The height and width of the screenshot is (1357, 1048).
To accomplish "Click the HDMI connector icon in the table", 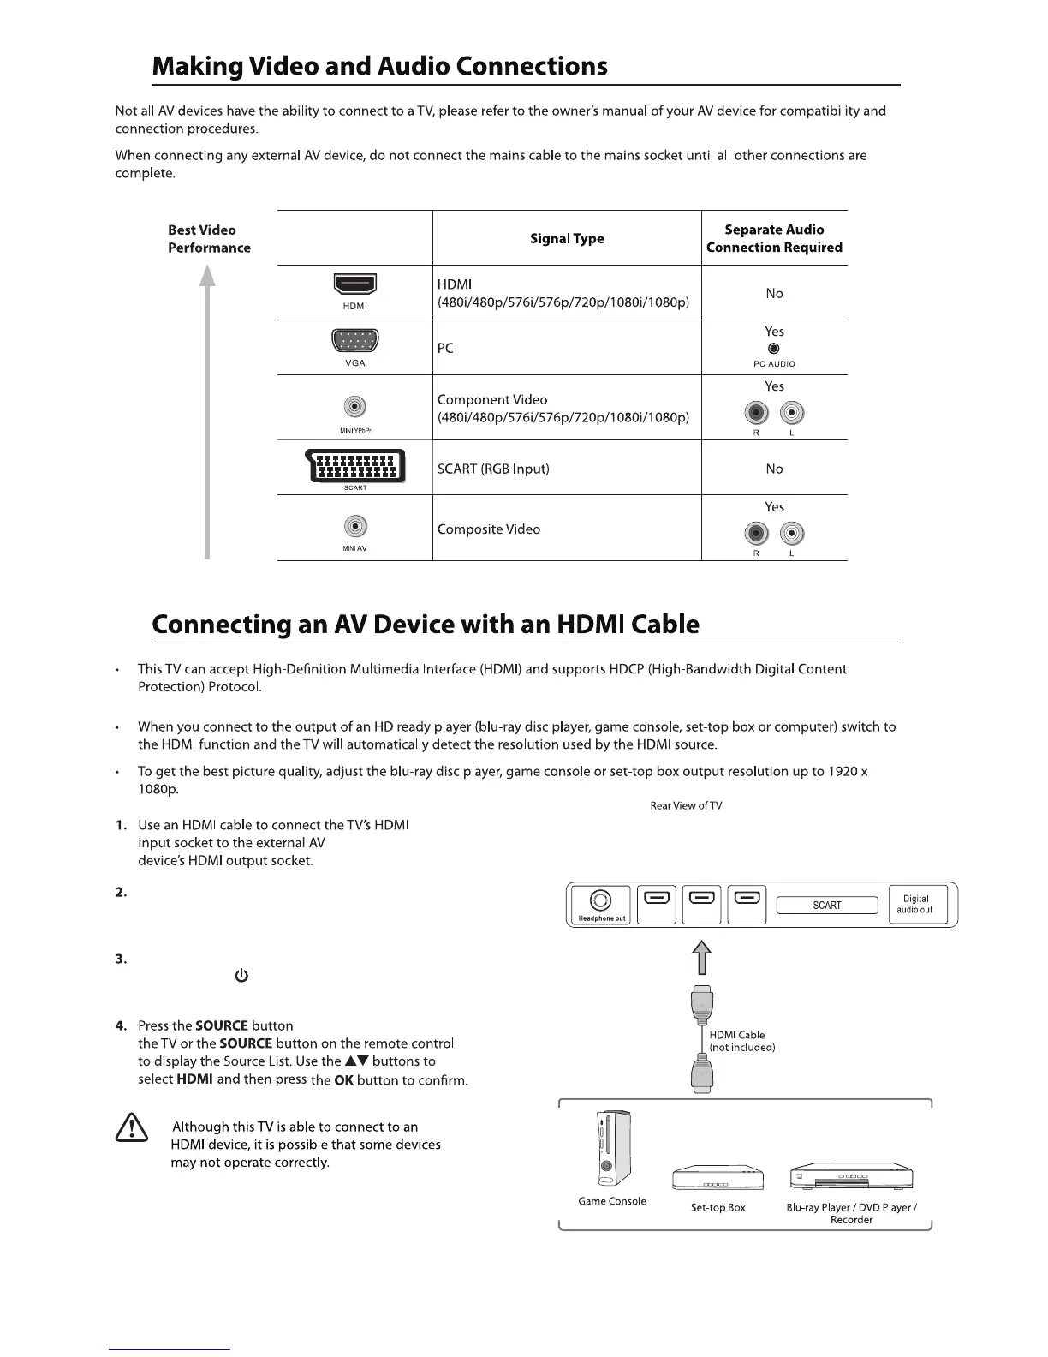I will [354, 284].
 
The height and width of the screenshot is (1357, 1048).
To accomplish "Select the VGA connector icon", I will [354, 342].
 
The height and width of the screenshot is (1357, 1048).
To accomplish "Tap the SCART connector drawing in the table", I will [354, 467].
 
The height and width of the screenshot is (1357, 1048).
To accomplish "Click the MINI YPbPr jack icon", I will [354, 406].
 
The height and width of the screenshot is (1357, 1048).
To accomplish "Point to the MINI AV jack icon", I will [354, 526].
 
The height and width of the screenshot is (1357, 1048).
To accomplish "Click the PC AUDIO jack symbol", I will [774, 349].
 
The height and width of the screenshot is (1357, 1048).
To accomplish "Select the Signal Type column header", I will [567, 238].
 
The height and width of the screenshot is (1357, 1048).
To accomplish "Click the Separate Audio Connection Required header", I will [774, 238].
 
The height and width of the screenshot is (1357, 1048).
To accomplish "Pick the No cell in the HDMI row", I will [774, 293].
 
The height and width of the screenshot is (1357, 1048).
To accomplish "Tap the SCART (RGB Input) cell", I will [493, 469].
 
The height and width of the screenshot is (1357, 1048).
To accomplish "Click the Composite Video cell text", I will [489, 529].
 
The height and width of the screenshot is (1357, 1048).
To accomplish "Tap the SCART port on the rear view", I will [827, 906].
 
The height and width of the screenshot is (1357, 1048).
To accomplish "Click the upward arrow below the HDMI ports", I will [701, 957].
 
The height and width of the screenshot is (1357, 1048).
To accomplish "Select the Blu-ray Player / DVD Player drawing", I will [851, 1176].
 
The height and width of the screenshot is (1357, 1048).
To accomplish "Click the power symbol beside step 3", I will [241, 976].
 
